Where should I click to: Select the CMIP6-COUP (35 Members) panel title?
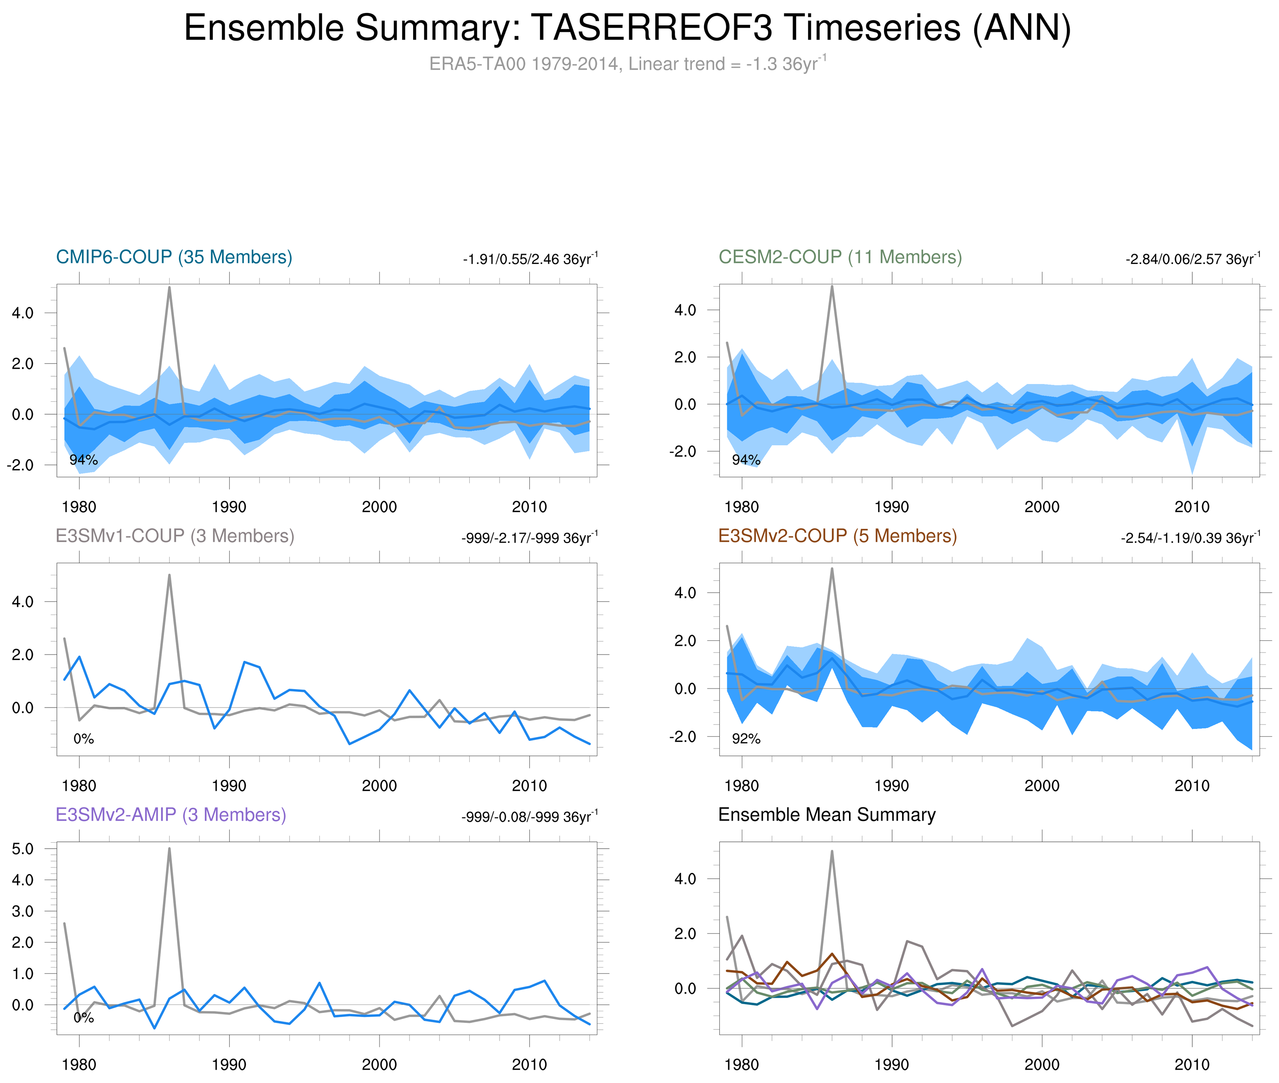point(174,257)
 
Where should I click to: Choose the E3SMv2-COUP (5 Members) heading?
point(837,536)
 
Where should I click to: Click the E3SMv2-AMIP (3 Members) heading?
point(171,815)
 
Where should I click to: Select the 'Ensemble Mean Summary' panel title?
point(827,815)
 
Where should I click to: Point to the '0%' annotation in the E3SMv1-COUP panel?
point(84,739)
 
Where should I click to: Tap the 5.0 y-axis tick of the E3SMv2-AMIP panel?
point(23,849)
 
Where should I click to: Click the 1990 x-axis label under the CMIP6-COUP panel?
point(229,507)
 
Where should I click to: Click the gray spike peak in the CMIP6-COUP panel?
point(170,287)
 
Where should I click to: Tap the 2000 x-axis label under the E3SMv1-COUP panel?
point(379,786)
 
